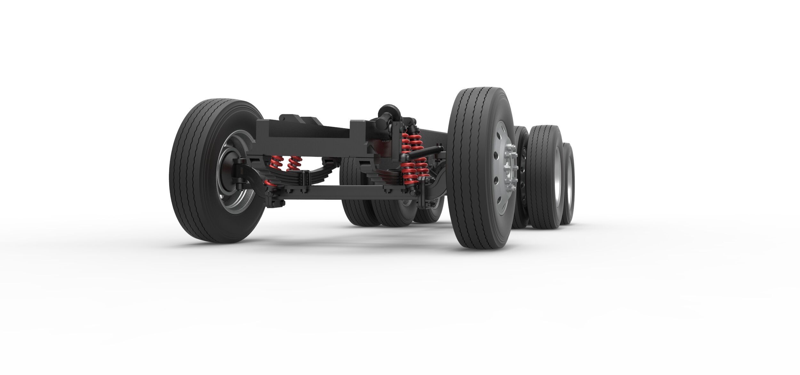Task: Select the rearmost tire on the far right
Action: tap(568, 186)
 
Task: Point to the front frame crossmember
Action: tap(304, 136)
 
